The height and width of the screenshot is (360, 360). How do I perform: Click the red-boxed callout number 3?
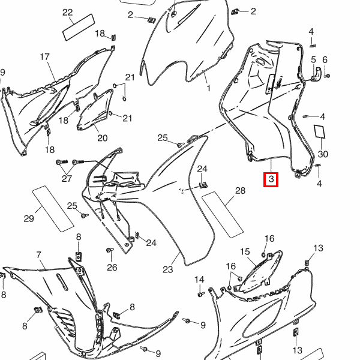(x=271, y=179)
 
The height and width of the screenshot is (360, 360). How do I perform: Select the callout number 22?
(x=67, y=13)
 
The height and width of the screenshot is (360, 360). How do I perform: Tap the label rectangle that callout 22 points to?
(x=79, y=28)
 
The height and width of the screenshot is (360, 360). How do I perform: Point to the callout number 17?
(x=44, y=57)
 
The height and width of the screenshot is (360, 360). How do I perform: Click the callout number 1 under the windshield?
(x=208, y=88)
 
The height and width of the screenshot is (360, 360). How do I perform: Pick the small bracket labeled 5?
(x=317, y=74)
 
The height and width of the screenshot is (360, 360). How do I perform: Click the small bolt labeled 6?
(x=328, y=76)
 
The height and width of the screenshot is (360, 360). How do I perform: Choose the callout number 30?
(x=323, y=154)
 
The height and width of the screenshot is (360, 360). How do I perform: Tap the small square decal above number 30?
(x=320, y=131)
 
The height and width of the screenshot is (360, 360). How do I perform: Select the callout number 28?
(x=240, y=191)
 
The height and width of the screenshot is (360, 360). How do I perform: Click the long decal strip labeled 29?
(x=53, y=209)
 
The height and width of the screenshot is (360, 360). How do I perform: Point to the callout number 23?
(x=168, y=269)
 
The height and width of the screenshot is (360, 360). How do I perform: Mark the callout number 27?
(x=67, y=179)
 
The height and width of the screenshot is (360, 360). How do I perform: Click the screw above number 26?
(x=110, y=250)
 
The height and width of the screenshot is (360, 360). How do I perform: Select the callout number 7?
(x=38, y=255)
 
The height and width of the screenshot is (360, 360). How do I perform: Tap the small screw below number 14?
(x=201, y=294)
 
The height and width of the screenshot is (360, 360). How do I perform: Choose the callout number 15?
(x=245, y=252)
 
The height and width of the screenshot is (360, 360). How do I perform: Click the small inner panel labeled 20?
(x=95, y=110)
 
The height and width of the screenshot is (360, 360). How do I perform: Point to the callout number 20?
(x=103, y=138)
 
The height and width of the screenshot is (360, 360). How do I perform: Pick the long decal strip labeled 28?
(x=223, y=215)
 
